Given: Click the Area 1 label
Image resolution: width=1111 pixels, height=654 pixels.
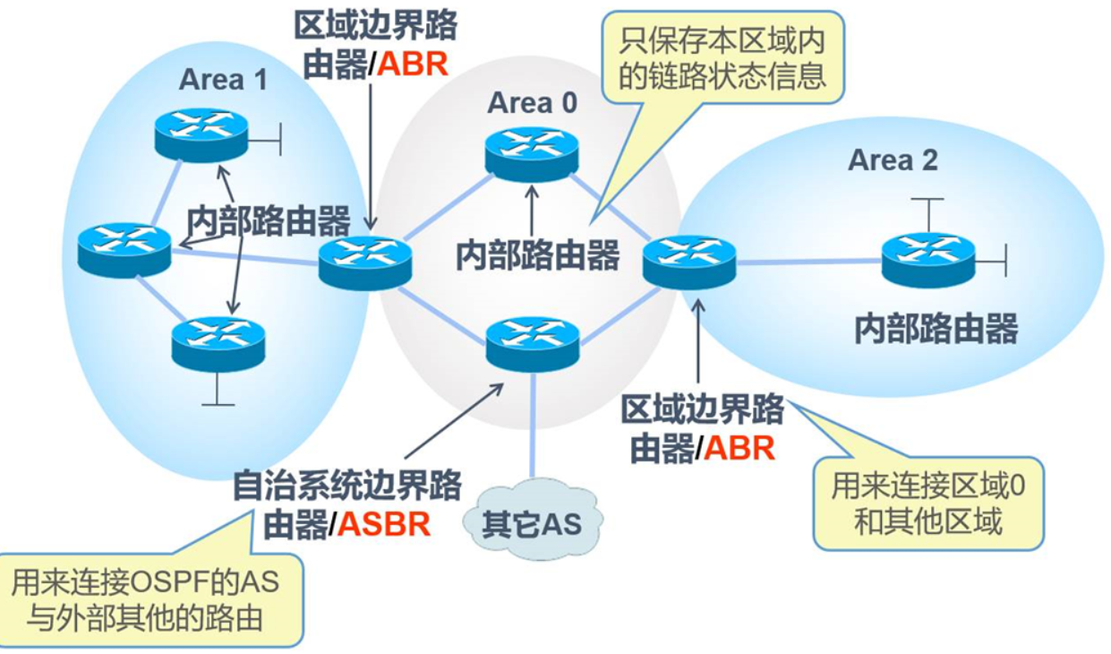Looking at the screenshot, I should point(223,80).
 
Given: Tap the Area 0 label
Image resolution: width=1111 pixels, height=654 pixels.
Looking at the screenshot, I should point(532,103).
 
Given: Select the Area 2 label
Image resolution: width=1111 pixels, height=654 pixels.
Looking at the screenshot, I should point(893,160).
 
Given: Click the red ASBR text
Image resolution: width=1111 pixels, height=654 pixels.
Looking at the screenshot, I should point(384,523).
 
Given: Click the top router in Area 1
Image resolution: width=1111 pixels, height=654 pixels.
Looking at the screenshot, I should point(201,133).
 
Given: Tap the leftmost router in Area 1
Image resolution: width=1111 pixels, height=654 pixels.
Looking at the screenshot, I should point(124,248).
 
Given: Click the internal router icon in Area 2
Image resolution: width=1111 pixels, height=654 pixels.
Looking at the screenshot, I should point(927,259).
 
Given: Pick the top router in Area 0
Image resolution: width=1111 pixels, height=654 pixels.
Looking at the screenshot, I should point(532,153).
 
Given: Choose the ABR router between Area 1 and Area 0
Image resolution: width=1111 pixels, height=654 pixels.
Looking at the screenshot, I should point(365,261).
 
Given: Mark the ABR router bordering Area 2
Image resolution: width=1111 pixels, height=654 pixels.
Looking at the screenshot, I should point(689,261).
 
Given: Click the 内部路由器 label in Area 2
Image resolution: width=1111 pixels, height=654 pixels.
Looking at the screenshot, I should point(936,329).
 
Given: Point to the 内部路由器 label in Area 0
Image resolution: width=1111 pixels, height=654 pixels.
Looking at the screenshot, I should point(537,254).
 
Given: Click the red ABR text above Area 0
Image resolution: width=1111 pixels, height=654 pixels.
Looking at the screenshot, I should point(413,68).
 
